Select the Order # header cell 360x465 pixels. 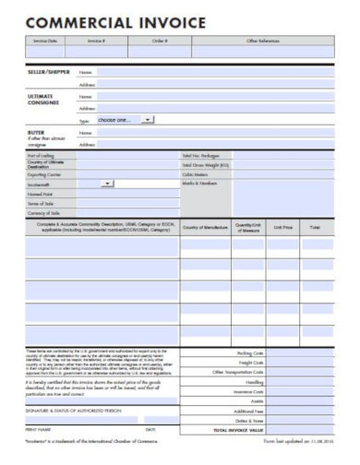pyautogui.click(x=160, y=42)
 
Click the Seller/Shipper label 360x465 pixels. pyautogui.click(x=48, y=71)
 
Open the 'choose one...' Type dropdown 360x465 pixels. pyautogui.click(x=126, y=120)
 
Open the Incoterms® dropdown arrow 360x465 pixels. pyautogui.click(x=109, y=184)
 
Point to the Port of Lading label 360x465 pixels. pyautogui.click(x=41, y=156)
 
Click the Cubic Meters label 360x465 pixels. pyautogui.click(x=196, y=174)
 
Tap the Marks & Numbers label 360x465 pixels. pyautogui.click(x=200, y=184)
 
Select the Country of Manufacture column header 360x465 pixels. pyautogui.click(x=205, y=226)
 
